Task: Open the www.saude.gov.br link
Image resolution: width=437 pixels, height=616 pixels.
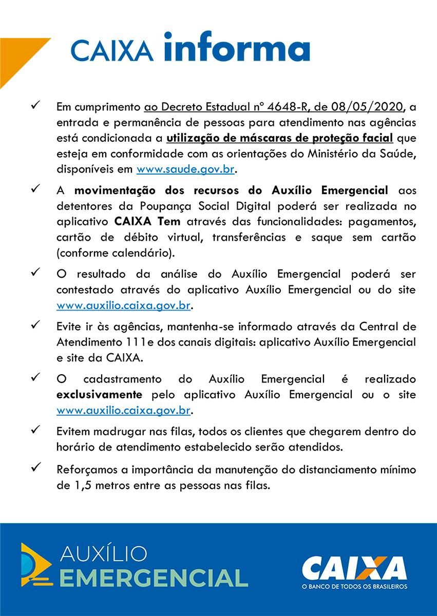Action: (x=187, y=169)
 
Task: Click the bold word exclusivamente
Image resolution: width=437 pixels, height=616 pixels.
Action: (x=99, y=395)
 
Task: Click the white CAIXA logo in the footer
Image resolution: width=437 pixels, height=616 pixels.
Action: (x=354, y=568)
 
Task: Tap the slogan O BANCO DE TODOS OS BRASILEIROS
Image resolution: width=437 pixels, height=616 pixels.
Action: (x=354, y=586)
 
